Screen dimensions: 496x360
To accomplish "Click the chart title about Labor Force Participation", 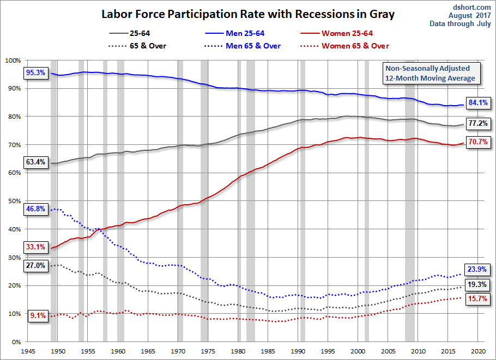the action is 248,14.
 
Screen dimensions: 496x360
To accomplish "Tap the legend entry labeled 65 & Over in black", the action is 137,46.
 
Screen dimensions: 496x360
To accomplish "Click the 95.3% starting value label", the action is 36,72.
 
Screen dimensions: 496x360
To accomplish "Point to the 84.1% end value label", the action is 478,102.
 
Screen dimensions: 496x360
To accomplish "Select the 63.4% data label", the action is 36,162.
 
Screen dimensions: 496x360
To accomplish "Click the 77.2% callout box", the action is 478,123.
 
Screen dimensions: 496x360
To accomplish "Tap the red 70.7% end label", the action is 478,142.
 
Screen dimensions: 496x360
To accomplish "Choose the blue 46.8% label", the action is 36,209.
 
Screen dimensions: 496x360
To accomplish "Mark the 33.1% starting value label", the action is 36,247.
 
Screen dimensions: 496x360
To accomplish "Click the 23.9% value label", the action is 477,269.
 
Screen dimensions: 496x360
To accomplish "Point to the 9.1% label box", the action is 38,315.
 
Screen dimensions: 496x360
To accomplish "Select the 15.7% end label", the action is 477,298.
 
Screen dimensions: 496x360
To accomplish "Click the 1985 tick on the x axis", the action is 268,351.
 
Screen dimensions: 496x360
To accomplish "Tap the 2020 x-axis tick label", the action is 478,351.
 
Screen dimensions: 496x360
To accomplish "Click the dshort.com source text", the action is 472,7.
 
